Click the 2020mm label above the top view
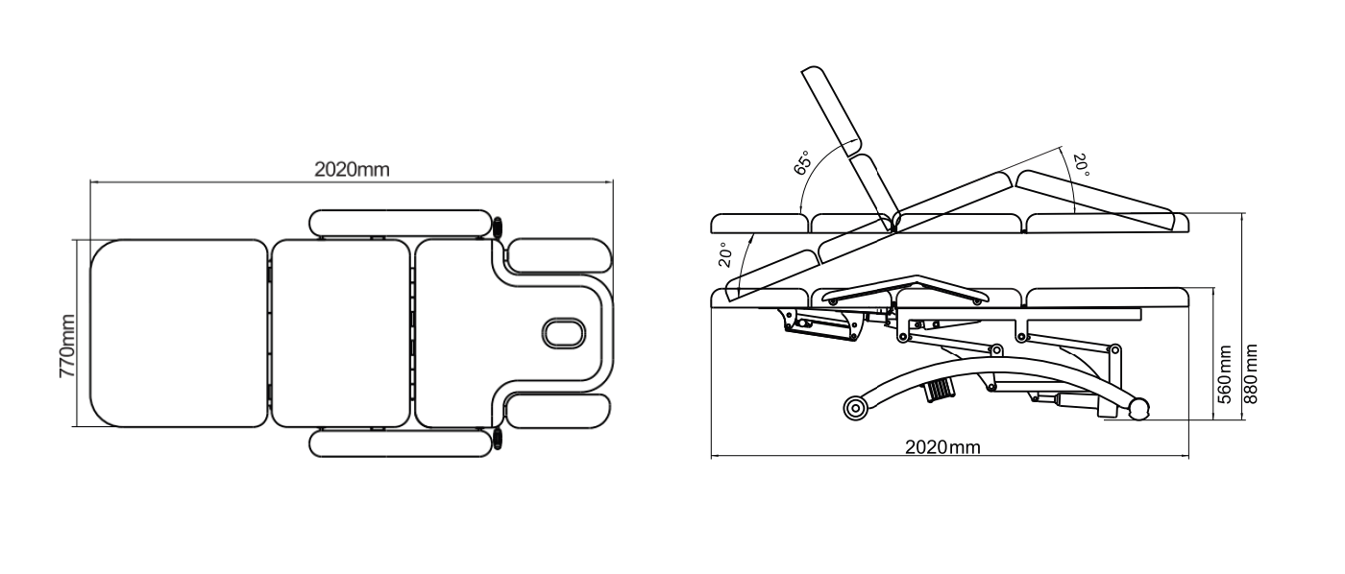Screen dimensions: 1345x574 coord(352,170)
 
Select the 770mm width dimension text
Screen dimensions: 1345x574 coord(67,347)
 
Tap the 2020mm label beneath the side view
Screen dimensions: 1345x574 coord(942,447)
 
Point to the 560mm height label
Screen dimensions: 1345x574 coord(1226,375)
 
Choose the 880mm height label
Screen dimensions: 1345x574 coord(1251,373)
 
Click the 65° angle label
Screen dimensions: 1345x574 coord(802,162)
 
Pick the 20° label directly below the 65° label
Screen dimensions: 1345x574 coord(724,255)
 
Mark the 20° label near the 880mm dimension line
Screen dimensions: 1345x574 coord(1081,165)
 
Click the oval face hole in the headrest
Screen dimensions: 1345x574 coord(563,333)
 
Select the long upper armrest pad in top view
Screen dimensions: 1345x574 coord(401,223)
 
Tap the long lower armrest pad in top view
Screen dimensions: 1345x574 coord(401,443)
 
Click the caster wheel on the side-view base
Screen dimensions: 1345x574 coord(855,409)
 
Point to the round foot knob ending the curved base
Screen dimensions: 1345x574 coord(1139,409)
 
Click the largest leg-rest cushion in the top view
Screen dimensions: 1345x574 coord(179,333)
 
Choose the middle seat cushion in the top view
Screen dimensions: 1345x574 coord(341,333)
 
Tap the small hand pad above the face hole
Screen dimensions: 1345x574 coord(559,255)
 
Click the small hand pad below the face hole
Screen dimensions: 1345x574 coord(558,412)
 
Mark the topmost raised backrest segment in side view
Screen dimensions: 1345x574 coord(832,111)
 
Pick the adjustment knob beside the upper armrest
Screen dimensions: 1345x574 coord(498,227)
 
